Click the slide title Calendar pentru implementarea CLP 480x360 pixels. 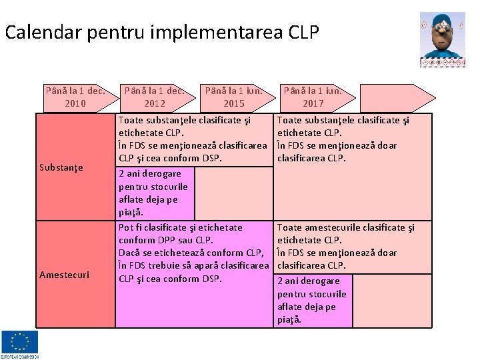162,32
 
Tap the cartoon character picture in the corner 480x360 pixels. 442,39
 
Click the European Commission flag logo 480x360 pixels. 19,344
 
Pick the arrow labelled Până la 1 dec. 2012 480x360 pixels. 154,97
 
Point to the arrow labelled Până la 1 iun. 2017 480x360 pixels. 313,97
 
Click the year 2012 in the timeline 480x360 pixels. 154,103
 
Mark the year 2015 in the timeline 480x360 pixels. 234,103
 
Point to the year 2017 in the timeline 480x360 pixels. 313,103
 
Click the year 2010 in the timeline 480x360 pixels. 75,103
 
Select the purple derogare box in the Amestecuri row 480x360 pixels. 312,300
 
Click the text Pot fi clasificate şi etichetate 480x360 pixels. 180,227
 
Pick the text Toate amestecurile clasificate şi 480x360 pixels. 345,227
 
